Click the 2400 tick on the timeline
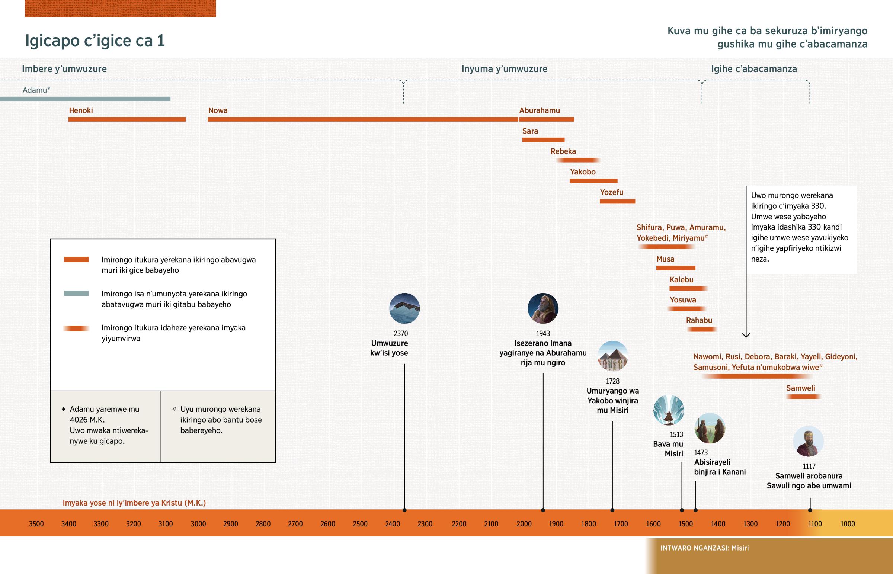393,524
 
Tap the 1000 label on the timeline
847,524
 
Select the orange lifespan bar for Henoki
127,119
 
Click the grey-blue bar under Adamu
85,99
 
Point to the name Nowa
218,110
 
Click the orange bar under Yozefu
617,201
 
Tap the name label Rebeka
563,151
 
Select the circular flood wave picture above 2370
404,308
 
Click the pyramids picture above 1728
613,356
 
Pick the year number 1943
542,333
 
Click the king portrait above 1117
808,441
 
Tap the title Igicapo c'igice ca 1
95,41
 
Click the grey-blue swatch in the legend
76,294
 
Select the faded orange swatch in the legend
76,328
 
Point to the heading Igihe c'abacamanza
753,69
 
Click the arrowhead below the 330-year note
746,335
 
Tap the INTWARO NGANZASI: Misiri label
704,548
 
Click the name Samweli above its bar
800,388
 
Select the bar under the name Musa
675,268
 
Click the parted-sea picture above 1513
669,410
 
